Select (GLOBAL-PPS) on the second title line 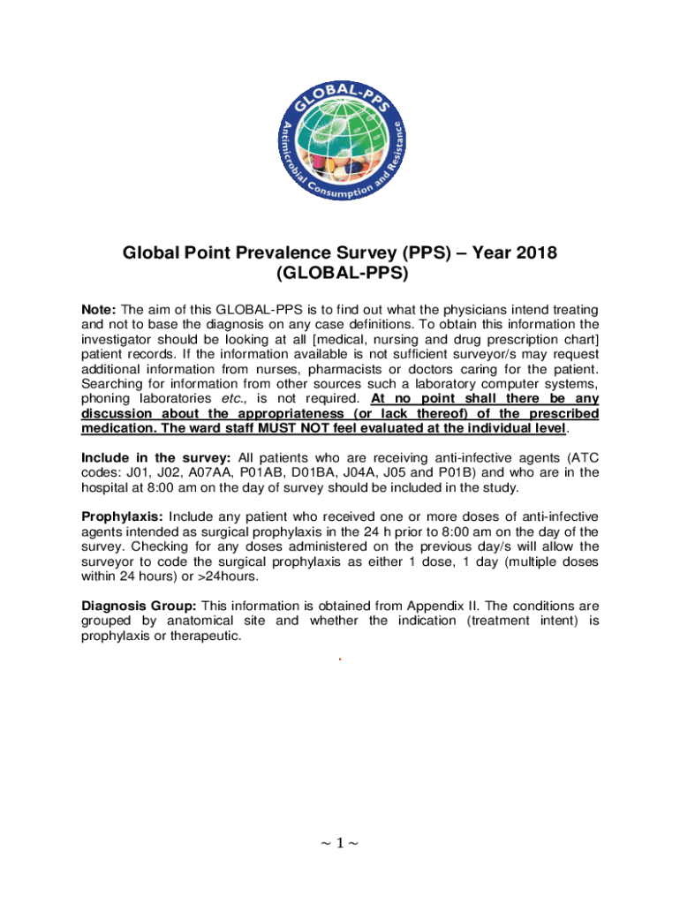[340, 275]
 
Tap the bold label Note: [99, 310]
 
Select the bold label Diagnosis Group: [139, 606]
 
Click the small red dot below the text [340, 659]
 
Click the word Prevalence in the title [285, 254]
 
